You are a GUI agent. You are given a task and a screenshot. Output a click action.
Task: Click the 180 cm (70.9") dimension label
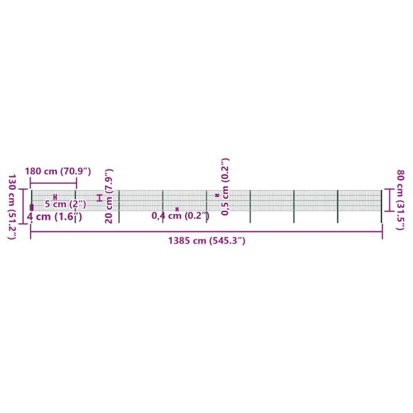pyautogui.click(x=58, y=171)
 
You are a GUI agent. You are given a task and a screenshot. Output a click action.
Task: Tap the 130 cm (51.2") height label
pyautogui.click(x=12, y=206)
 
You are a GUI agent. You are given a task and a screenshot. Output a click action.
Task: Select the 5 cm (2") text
pyautogui.click(x=65, y=204)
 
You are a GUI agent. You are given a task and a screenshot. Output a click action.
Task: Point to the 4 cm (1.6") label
pyautogui.click(x=54, y=217)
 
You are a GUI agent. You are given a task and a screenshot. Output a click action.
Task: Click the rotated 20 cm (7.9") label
pyautogui.click(x=109, y=196)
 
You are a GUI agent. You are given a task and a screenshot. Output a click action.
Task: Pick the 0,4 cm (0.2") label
pyautogui.click(x=180, y=215)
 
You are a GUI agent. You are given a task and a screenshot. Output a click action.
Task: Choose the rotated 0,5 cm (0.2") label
pyautogui.click(x=225, y=187)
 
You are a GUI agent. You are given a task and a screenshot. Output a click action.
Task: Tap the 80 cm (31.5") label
pyautogui.click(x=401, y=200)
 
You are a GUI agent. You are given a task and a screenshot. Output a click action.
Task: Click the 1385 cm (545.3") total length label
pyautogui.click(x=206, y=240)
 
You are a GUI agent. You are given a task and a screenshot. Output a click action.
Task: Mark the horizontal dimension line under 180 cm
pyautogui.click(x=54, y=183)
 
